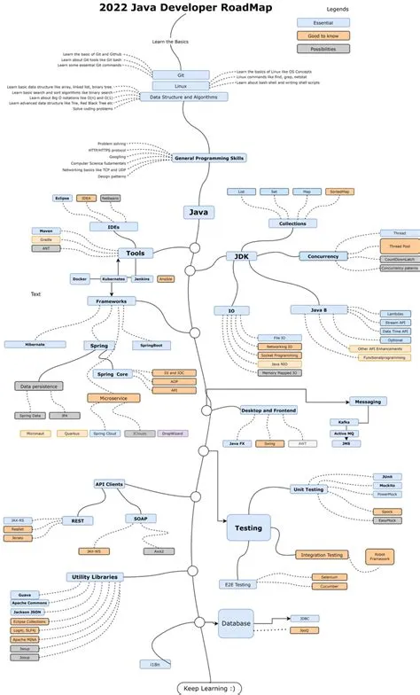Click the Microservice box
[x=113, y=398]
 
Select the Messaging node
[x=367, y=402]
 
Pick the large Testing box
[x=247, y=527]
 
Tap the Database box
[x=236, y=624]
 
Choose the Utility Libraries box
[x=94, y=577]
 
